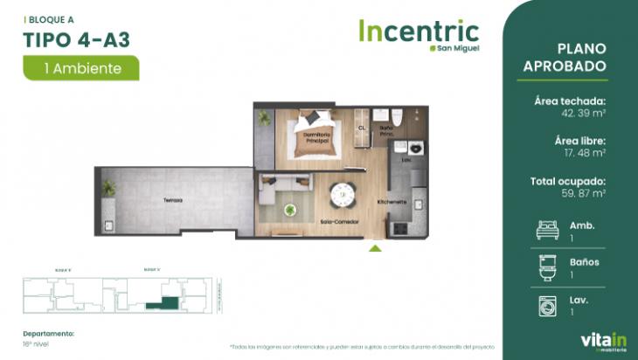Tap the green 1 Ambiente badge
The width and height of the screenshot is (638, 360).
[82, 67]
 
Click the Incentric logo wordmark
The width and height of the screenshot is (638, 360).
[418, 32]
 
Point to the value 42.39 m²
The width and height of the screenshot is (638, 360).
[584, 114]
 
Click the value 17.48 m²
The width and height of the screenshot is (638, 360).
[585, 153]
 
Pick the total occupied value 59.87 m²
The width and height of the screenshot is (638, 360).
[584, 193]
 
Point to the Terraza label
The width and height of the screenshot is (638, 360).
[172, 200]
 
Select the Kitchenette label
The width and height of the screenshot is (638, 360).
[392, 202]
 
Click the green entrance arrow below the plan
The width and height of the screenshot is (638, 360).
[375, 249]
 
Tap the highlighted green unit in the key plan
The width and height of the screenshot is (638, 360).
[162, 302]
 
